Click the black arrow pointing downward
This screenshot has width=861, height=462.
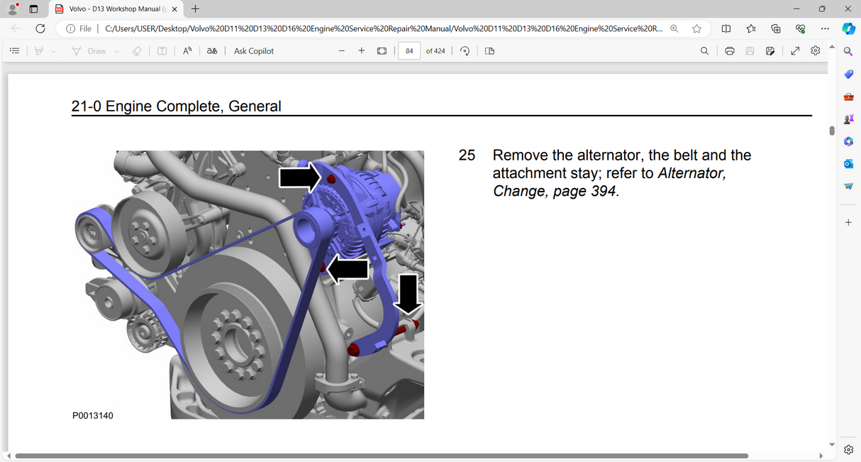coord(408,293)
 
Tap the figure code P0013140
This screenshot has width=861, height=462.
coord(93,415)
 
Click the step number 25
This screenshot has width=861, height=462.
coord(467,155)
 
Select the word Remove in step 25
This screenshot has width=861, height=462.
coord(521,155)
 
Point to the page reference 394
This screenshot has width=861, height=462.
coord(603,191)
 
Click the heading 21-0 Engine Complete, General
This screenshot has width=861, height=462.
coord(177,106)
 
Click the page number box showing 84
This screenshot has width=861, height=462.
coord(409,51)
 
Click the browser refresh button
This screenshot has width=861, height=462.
coord(40,28)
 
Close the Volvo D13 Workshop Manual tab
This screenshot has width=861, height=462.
coord(174,9)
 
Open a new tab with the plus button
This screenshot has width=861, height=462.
coord(196,9)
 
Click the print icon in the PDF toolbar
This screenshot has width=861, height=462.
coord(729,51)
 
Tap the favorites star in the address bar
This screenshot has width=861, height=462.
coord(696,28)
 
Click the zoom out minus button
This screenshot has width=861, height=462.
coord(342,51)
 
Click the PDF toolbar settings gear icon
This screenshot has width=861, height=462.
coord(816,51)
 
